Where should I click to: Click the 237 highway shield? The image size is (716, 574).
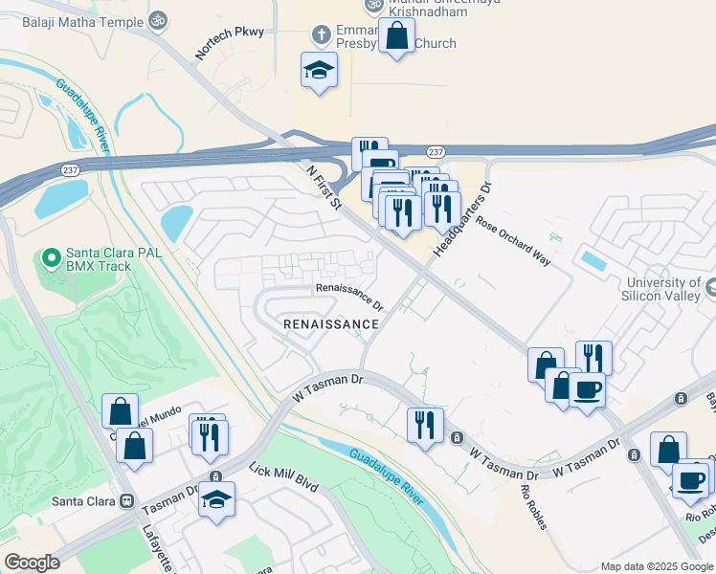tap(436, 152)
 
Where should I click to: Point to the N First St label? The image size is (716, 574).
tap(324, 186)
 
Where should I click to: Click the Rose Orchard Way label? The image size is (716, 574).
tap(514, 243)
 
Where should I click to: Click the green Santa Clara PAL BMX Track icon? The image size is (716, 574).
tap(51, 257)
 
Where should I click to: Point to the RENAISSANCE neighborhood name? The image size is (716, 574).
tap(331, 324)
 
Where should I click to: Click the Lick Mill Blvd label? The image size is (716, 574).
tap(282, 470)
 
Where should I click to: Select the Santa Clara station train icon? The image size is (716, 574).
tap(125, 500)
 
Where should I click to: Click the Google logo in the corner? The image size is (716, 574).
tap(32, 562)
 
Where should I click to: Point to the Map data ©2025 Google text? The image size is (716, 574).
tap(655, 565)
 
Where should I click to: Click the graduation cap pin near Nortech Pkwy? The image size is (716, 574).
tap(319, 70)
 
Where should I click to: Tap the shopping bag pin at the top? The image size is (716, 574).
tap(396, 36)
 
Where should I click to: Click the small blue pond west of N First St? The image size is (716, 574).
tap(176, 223)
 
